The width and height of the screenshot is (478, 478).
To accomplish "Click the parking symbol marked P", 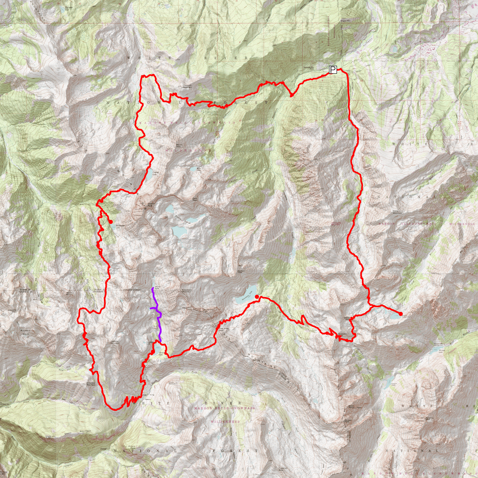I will (333, 70).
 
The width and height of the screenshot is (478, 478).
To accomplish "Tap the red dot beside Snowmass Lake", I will (257, 296).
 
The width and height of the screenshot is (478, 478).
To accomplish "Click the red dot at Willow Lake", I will (400, 314).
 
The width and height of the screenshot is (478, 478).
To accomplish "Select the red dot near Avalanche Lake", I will (111, 221).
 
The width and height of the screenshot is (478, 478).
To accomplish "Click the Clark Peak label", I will (195, 199).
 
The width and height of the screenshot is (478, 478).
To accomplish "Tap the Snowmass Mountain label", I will (187, 291).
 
